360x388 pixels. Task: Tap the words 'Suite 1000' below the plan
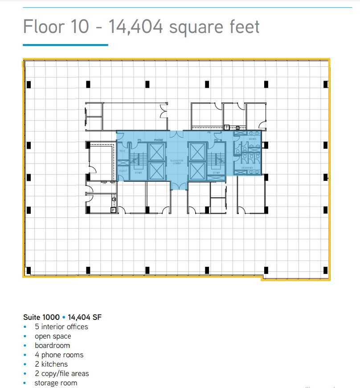[x=41, y=317]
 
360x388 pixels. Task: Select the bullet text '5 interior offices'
[x=61, y=327]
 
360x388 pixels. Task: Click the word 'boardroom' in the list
[x=52, y=345]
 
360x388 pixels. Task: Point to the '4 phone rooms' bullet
[x=59, y=355]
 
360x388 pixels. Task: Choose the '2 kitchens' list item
[x=51, y=364]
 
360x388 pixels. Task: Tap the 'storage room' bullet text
[x=56, y=383]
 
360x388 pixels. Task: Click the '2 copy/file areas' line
[x=61, y=373]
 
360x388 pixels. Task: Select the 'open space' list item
[x=53, y=336]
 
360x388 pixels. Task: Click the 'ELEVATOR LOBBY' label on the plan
[x=177, y=162]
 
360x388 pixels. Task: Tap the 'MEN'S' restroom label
[x=253, y=139]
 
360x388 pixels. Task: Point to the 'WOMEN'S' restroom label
[x=248, y=168]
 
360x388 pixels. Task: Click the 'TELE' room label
[x=122, y=151]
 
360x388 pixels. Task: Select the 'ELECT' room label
[x=123, y=171]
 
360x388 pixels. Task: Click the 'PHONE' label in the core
[x=159, y=140]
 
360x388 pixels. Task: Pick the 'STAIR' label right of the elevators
[x=216, y=172]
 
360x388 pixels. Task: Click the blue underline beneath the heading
[x=65, y=45]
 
